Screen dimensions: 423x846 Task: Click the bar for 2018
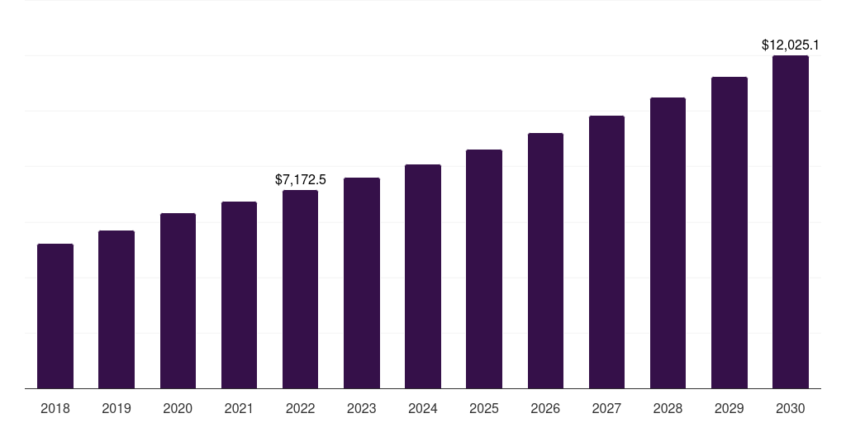[55, 316]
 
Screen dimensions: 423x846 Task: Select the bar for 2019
[116, 309]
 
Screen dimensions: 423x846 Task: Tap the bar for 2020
[178, 301]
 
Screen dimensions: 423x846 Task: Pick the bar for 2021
[239, 295]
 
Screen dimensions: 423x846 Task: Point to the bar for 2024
[423, 276]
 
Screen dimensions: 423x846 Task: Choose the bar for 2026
[545, 260]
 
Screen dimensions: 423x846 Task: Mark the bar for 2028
[668, 243]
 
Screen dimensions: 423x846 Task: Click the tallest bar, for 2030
[790, 221]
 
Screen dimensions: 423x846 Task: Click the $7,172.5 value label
[301, 179]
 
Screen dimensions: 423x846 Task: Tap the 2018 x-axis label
[55, 408]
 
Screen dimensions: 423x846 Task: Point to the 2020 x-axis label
[178, 408]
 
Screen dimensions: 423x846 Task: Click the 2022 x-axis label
[301, 408]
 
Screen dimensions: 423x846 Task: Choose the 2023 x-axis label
[362, 408]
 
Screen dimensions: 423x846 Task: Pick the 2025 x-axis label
[484, 408]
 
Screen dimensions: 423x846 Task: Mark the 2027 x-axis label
[606, 408]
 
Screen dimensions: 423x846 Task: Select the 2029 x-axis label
[729, 408]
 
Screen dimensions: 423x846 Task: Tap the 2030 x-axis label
[790, 408]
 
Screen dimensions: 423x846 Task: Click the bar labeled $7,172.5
[301, 289]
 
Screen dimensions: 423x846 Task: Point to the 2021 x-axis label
[239, 408]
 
